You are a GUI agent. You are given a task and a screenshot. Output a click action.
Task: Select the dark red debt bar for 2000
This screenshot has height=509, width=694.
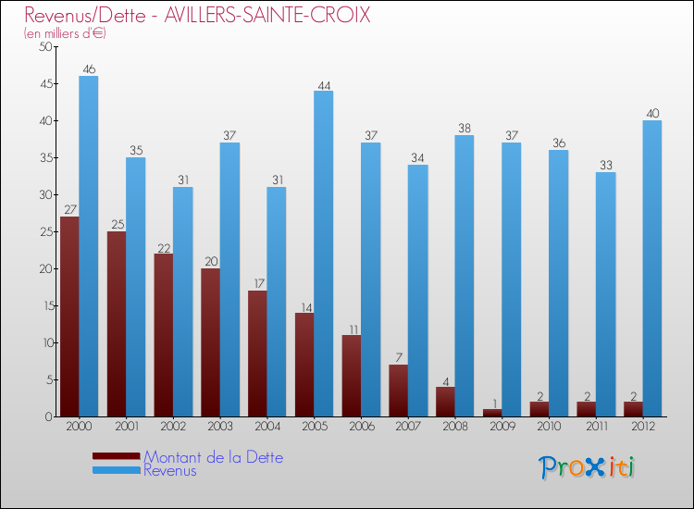[69, 317]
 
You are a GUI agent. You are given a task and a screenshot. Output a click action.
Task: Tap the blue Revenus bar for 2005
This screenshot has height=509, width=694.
[323, 254]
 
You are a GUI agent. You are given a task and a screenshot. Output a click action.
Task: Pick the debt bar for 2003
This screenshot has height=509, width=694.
[210, 342]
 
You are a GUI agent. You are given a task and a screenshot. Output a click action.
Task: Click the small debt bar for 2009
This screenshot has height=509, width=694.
[491, 413]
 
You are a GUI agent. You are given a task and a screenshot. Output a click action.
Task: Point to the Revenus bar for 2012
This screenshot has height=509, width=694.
[652, 268]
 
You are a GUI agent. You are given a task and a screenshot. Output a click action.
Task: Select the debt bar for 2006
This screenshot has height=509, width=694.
[351, 376]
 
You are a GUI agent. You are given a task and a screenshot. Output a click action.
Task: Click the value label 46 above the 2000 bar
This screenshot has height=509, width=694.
[89, 69]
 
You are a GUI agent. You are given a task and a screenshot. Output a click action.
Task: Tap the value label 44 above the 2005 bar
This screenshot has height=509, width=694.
[324, 84]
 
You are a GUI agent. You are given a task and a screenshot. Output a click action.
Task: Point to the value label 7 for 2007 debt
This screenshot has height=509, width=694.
[398, 358]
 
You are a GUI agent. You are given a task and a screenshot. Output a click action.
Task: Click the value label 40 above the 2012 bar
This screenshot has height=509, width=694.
[652, 114]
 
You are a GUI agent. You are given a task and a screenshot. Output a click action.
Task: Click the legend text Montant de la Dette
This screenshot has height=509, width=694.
[213, 457]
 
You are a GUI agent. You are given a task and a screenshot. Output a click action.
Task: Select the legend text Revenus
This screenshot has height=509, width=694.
[170, 470]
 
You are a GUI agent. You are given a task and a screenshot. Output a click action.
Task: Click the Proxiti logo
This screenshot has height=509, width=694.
[587, 467]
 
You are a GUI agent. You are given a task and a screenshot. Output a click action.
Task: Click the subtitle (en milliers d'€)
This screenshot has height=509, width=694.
[65, 34]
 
